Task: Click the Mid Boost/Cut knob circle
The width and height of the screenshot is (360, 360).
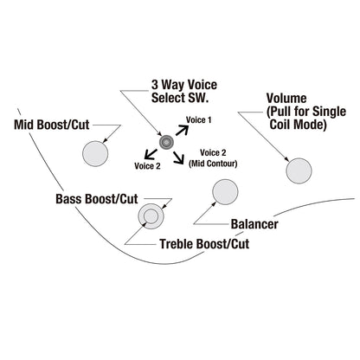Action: point(95,154)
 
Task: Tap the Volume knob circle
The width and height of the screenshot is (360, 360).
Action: point(299,170)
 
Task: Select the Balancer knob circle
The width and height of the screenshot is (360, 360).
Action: point(225,192)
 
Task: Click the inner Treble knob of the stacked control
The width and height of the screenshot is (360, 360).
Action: point(151,216)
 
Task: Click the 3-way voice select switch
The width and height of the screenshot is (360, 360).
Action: point(166,142)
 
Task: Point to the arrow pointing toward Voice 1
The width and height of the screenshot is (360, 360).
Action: point(182,131)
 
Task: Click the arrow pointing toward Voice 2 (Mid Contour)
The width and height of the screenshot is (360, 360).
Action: point(178,157)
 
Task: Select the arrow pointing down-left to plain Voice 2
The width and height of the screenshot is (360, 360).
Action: point(151,154)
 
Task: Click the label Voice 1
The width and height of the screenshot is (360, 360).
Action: point(199,119)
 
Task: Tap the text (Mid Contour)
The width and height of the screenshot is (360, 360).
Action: point(213,164)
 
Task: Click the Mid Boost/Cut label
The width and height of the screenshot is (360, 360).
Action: point(52,125)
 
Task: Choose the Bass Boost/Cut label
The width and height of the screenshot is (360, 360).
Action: point(97,199)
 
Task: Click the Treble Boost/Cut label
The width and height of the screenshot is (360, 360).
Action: point(204,244)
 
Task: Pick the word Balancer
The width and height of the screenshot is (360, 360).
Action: point(254,224)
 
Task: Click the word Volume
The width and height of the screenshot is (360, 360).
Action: point(286,99)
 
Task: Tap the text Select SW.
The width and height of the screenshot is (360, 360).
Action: point(180,98)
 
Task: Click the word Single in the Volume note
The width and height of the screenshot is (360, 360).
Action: point(329,112)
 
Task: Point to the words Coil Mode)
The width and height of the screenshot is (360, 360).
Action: point(298,125)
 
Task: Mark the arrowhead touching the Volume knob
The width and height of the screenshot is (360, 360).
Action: point(286,159)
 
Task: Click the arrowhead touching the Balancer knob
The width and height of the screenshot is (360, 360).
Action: point(214,203)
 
